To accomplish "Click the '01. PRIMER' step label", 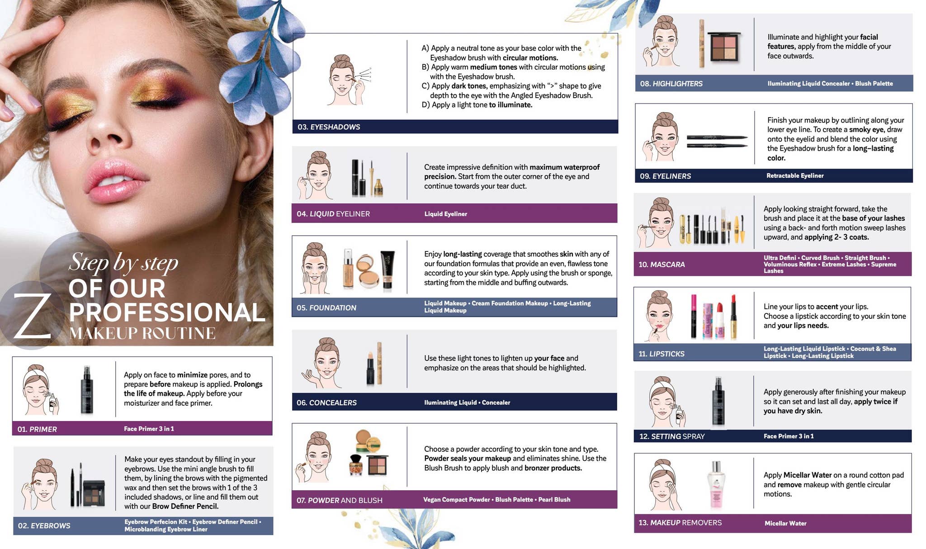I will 37,429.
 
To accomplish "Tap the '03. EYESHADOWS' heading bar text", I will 329,127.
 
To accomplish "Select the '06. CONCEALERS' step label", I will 326,402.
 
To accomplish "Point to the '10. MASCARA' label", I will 661,265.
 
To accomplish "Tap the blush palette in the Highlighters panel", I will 723,47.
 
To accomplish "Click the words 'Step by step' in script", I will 123,262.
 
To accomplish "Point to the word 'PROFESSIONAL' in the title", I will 167,312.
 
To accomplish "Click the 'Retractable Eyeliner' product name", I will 795,175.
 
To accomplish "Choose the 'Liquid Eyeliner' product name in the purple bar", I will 445,214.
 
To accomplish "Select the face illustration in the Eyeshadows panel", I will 342,81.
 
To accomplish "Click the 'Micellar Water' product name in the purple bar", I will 785,523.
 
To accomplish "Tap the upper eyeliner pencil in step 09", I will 717,137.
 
